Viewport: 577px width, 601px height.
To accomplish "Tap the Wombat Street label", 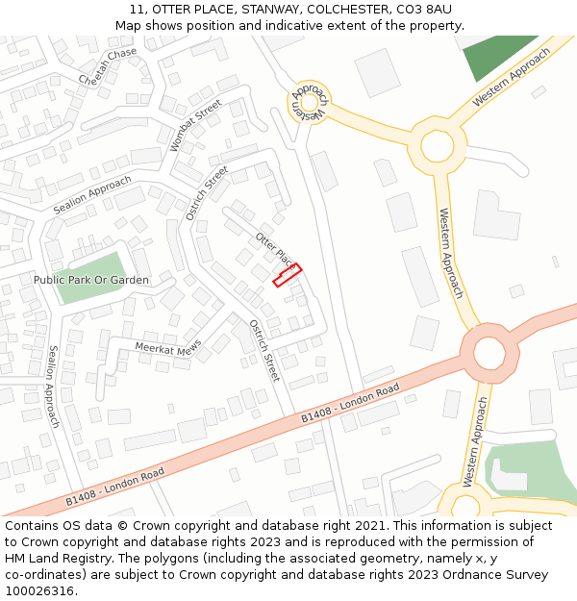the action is click(x=195, y=125).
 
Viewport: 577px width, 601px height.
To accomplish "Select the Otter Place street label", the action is click(x=274, y=249).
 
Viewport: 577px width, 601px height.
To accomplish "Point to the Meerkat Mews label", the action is click(x=168, y=347).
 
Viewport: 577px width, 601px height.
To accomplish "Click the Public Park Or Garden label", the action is click(x=91, y=280).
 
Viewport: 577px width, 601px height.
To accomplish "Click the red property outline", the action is click(x=287, y=275).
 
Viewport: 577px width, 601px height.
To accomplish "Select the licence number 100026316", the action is click(x=39, y=591).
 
